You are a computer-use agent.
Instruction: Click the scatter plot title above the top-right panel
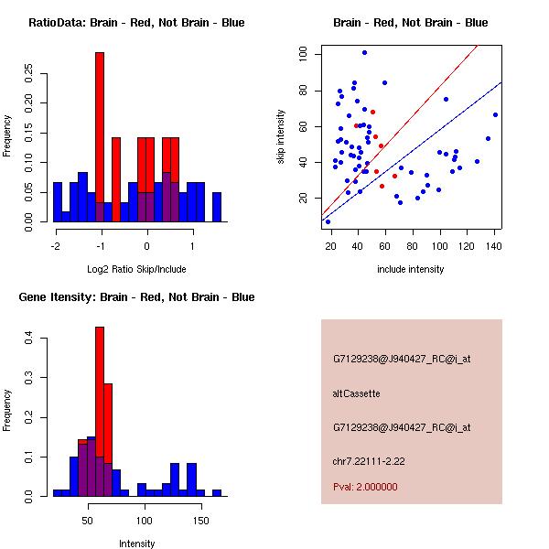tap(410, 23)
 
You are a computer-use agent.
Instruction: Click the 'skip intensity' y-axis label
tap(282, 137)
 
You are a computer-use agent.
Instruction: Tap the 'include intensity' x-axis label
tap(410, 269)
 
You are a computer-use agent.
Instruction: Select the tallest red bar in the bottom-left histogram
tap(100, 412)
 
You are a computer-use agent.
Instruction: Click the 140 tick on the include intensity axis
tap(495, 245)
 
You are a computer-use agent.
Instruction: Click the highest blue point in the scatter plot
tap(364, 52)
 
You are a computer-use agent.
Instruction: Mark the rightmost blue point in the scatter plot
tap(495, 114)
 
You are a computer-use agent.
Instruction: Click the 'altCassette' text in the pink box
tap(356, 393)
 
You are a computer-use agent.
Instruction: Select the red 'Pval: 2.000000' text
tap(365, 487)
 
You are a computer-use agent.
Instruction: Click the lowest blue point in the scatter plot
tap(328, 221)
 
